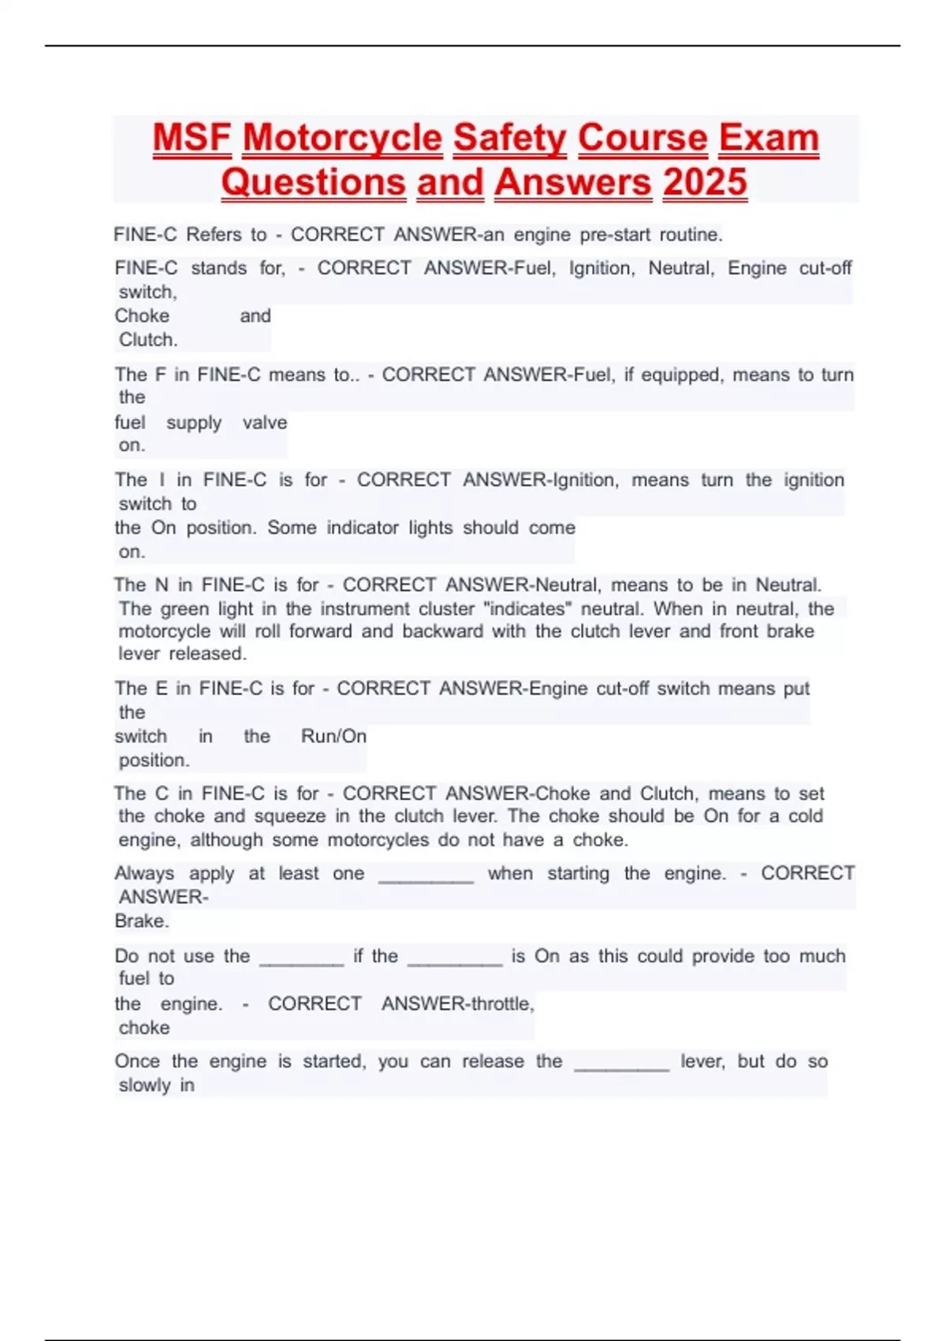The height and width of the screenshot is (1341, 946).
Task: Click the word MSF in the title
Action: pos(192,138)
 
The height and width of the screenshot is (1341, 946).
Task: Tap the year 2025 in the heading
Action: pos(705,182)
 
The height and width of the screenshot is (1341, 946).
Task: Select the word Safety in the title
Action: pos(509,138)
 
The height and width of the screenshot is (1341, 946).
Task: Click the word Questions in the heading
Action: pos(313,182)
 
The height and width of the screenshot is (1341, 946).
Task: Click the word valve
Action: pos(265,422)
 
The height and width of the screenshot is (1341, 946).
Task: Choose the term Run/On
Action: pos(333,736)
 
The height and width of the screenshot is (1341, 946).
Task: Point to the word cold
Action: pos(805,816)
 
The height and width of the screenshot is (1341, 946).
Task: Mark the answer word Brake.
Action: pos(142,921)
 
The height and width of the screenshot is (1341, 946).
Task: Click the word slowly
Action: pos(144,1085)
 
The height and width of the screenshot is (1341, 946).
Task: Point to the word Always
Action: pos(144,873)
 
